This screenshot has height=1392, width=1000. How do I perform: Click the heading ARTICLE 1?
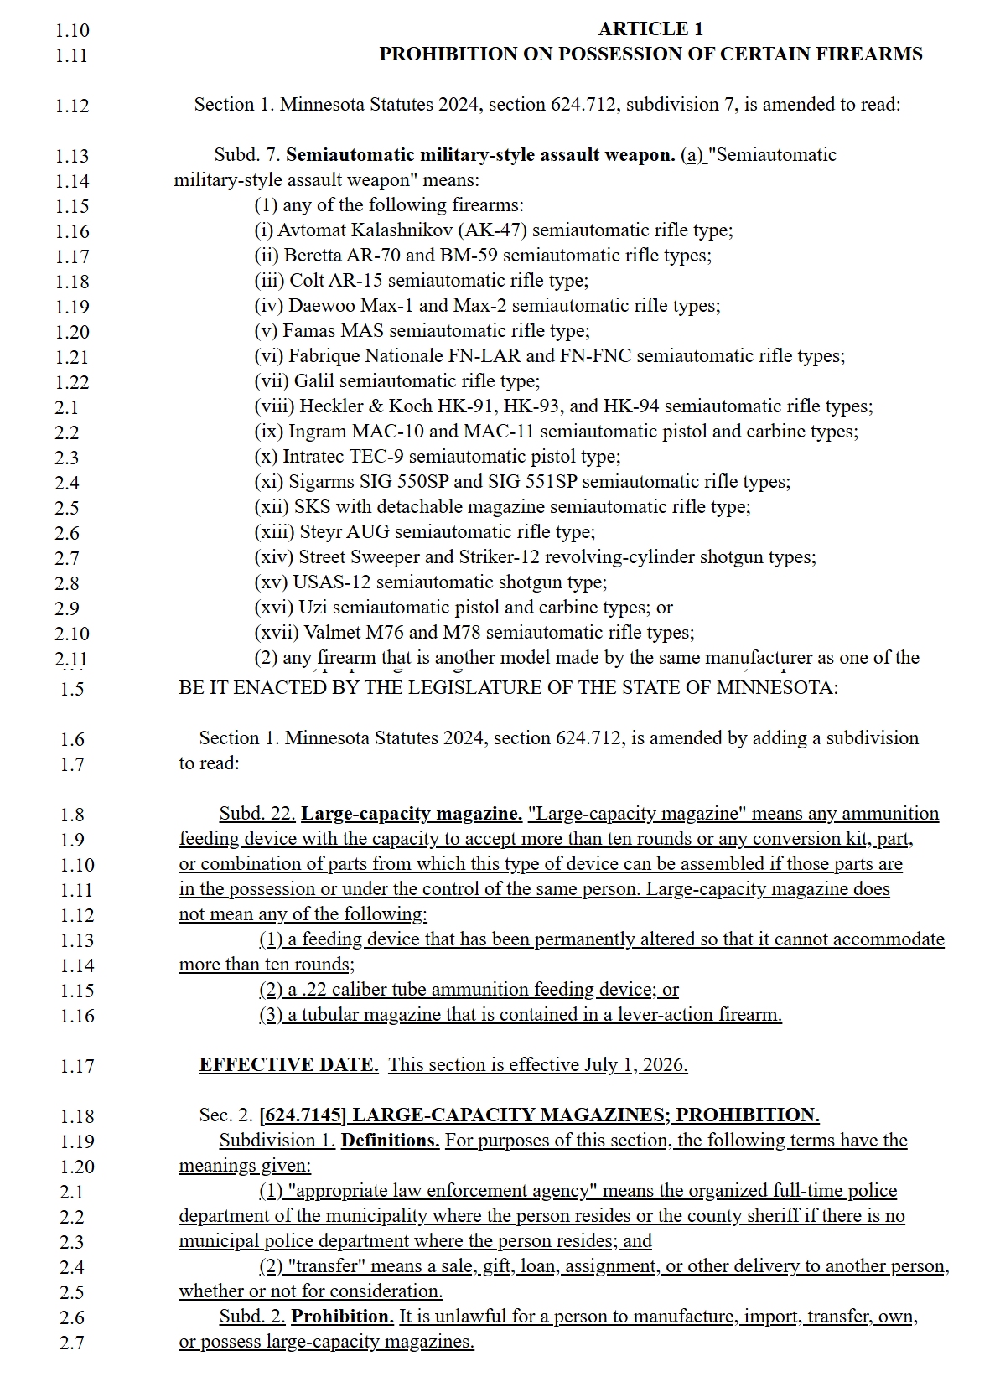[x=650, y=29]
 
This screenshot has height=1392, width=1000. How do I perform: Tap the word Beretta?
[x=313, y=256]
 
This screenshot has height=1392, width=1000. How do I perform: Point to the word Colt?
[x=307, y=281]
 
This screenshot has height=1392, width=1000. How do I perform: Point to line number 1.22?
[x=72, y=382]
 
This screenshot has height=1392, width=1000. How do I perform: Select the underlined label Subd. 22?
[x=257, y=814]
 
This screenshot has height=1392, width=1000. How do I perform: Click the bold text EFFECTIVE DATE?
[x=288, y=1065]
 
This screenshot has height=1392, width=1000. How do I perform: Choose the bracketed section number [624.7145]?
[x=303, y=1115]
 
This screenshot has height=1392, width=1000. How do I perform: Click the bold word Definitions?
[x=390, y=1141]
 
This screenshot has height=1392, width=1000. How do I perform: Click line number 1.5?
[x=72, y=689]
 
